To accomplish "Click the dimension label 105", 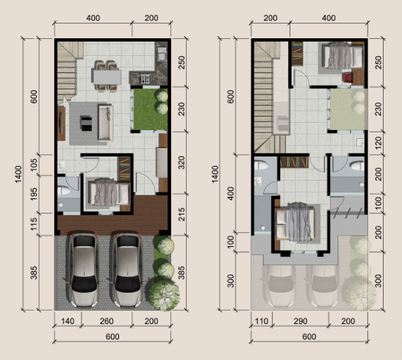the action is click(x=34, y=165).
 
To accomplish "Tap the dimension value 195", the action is click(x=34, y=194).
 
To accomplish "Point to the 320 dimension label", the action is click(x=182, y=162).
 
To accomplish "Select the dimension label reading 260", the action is click(x=107, y=321).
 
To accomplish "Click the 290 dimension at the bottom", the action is click(x=301, y=321).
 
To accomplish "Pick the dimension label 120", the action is click(x=378, y=143).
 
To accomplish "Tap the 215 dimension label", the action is click(x=182, y=215).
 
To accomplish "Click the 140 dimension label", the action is click(x=68, y=321).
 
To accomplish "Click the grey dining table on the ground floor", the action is click(x=107, y=77).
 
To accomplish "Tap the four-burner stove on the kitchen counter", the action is click(x=145, y=79).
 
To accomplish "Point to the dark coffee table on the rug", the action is click(x=86, y=123).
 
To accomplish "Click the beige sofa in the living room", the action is click(x=106, y=123).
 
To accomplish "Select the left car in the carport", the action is click(x=84, y=270).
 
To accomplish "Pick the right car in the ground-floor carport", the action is click(x=127, y=270).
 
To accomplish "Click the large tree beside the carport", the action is click(x=164, y=295).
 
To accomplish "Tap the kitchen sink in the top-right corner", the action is click(x=162, y=54).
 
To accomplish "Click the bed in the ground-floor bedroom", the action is click(x=108, y=192).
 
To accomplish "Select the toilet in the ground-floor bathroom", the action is click(x=64, y=190).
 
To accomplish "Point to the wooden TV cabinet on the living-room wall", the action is click(x=61, y=123).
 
